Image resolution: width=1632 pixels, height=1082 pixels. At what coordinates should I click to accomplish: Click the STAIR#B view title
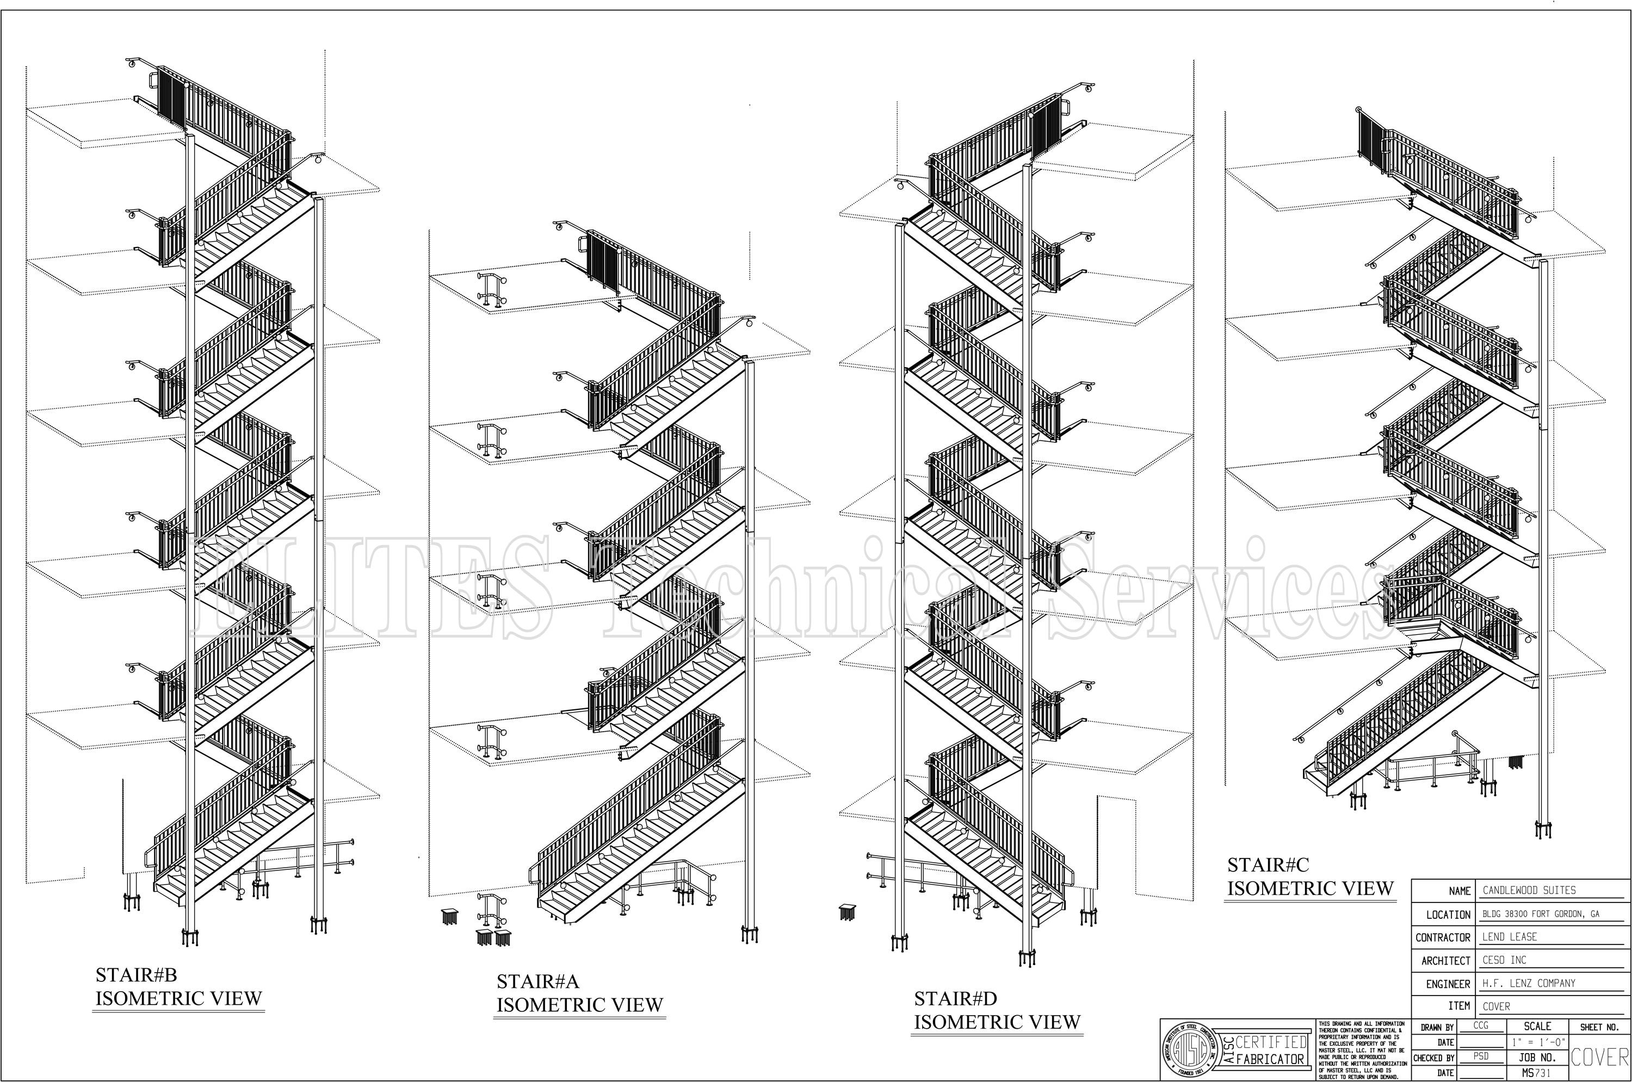pyautogui.click(x=136, y=974)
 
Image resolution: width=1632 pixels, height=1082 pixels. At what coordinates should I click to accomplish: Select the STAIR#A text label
pyautogui.click(x=537, y=981)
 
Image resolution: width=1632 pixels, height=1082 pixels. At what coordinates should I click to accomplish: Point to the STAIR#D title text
pyautogui.click(x=955, y=999)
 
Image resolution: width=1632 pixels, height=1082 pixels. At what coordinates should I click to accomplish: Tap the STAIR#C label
pyautogui.click(x=1268, y=864)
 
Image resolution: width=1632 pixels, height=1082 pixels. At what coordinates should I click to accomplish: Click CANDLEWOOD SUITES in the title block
pyautogui.click(x=1529, y=890)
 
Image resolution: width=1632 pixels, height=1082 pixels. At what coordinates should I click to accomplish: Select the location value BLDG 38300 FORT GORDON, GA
pyautogui.click(x=1540, y=913)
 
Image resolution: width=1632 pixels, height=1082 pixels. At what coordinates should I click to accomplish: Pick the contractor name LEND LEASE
pyautogui.click(x=1509, y=936)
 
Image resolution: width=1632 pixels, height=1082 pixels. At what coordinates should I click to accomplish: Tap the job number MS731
pyautogui.click(x=1537, y=1073)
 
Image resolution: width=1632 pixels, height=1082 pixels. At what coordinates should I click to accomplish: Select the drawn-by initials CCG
pyautogui.click(x=1481, y=1026)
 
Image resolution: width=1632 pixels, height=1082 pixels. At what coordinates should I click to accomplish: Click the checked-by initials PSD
pyautogui.click(x=1481, y=1056)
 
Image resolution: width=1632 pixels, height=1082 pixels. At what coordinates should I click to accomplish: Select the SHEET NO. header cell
pyautogui.click(x=1599, y=1027)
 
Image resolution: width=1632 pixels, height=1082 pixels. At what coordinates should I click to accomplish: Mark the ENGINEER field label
pyautogui.click(x=1448, y=984)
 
